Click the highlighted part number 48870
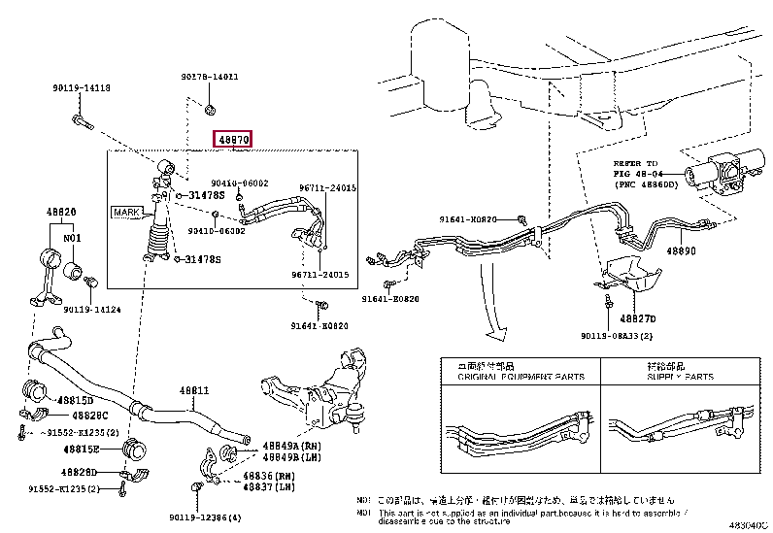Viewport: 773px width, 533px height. click(x=234, y=140)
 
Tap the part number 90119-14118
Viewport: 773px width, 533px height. click(x=82, y=88)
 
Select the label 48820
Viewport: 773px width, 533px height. click(x=62, y=211)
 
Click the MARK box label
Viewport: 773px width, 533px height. click(x=126, y=211)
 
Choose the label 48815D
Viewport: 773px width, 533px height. click(x=75, y=399)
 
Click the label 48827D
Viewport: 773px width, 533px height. click(x=639, y=317)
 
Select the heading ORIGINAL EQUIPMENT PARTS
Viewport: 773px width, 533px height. click(x=495, y=377)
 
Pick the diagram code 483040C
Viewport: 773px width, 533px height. click(x=747, y=524)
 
